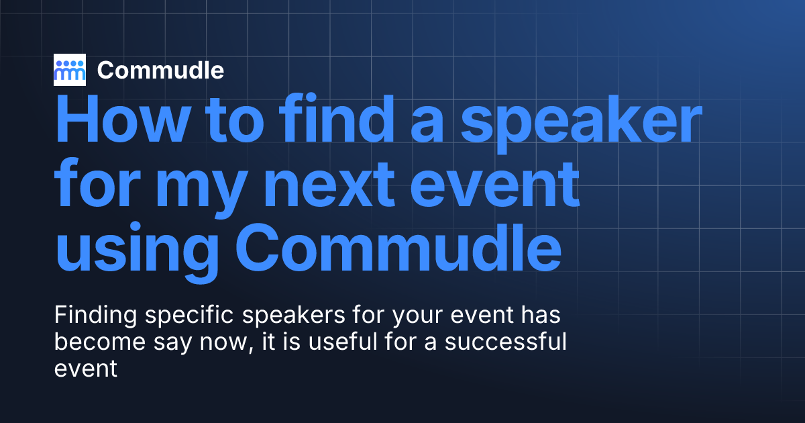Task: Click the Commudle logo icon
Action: (70, 70)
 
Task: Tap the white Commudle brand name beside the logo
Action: (160, 70)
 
